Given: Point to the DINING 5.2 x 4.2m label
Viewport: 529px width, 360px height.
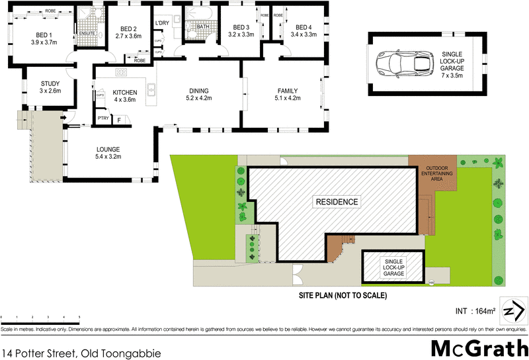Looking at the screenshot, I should [x=199, y=95].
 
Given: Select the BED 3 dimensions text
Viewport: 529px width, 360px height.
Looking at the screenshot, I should [x=241, y=34].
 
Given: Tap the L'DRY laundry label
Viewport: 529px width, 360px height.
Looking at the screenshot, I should [x=162, y=24].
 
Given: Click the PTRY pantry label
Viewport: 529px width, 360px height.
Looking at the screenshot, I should [x=103, y=118].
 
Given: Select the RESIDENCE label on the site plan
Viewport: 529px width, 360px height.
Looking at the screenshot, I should [x=337, y=202].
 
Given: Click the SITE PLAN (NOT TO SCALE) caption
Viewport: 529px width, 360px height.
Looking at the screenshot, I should [x=341, y=295].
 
